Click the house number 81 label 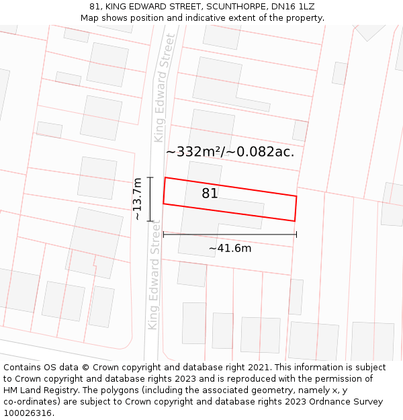(210, 194)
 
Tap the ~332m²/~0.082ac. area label (230, 152)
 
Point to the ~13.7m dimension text (137, 199)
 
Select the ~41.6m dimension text (230, 249)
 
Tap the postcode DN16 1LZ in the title (294, 7)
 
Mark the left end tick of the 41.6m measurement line (163, 235)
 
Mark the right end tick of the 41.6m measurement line (296, 235)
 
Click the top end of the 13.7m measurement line (150, 177)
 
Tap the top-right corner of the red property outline (296, 196)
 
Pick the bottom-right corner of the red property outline (294, 220)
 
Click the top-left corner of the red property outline (165, 178)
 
